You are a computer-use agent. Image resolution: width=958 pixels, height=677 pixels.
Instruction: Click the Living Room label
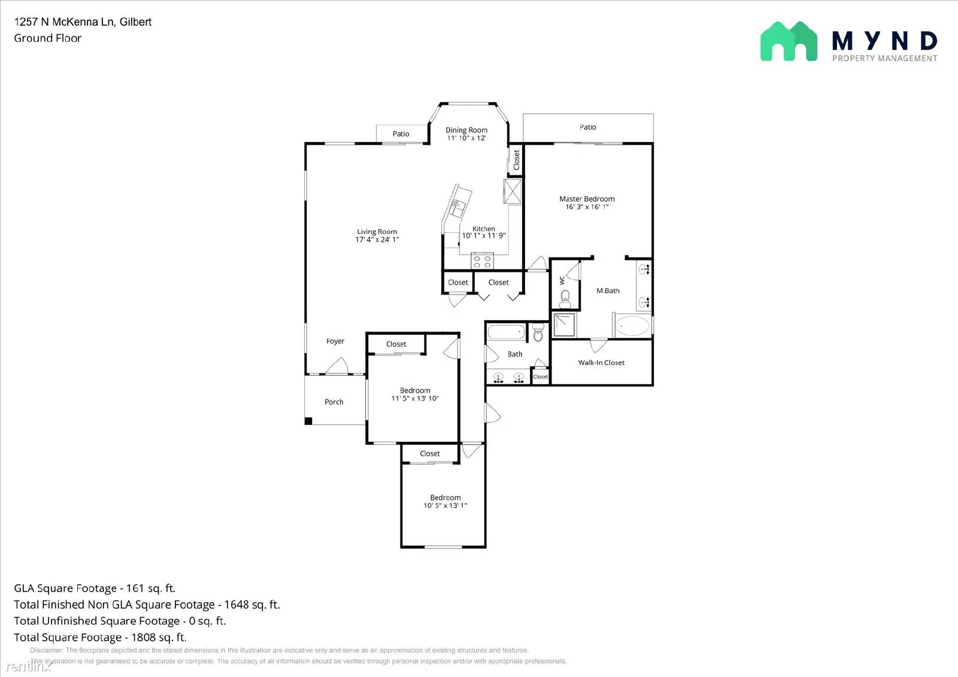(x=377, y=232)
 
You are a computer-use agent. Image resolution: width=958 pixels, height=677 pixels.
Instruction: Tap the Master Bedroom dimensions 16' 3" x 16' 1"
(x=587, y=207)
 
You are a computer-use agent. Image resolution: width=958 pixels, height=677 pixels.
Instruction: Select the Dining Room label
(x=466, y=130)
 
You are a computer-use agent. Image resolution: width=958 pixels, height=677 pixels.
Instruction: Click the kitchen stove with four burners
(x=483, y=261)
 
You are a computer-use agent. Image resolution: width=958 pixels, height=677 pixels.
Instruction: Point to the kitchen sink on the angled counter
(x=457, y=208)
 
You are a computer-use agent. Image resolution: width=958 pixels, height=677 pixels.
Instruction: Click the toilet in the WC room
(x=565, y=297)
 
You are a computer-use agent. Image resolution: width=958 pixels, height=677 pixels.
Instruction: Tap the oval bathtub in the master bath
(x=632, y=326)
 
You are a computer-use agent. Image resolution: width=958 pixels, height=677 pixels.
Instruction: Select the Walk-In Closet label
(x=601, y=363)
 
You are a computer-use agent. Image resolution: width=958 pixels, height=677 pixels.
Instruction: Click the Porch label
(x=334, y=402)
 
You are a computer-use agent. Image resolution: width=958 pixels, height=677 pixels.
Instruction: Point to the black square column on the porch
(x=308, y=421)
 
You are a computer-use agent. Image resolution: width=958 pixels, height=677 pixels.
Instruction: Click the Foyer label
(x=335, y=341)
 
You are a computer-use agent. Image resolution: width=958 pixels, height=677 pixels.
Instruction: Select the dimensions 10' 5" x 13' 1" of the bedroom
(x=445, y=506)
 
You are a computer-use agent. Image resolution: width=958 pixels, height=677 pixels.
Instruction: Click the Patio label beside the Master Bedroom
(x=588, y=127)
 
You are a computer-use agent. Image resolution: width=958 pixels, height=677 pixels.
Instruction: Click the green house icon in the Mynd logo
(x=789, y=41)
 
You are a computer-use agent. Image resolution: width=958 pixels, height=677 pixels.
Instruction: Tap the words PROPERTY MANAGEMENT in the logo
(x=884, y=58)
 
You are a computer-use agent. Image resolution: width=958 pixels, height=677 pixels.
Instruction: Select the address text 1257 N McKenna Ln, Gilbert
(x=83, y=22)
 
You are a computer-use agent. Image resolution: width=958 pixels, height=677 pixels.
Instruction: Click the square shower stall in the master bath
(x=564, y=325)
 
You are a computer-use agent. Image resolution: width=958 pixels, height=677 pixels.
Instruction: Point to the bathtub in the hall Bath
(x=507, y=332)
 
